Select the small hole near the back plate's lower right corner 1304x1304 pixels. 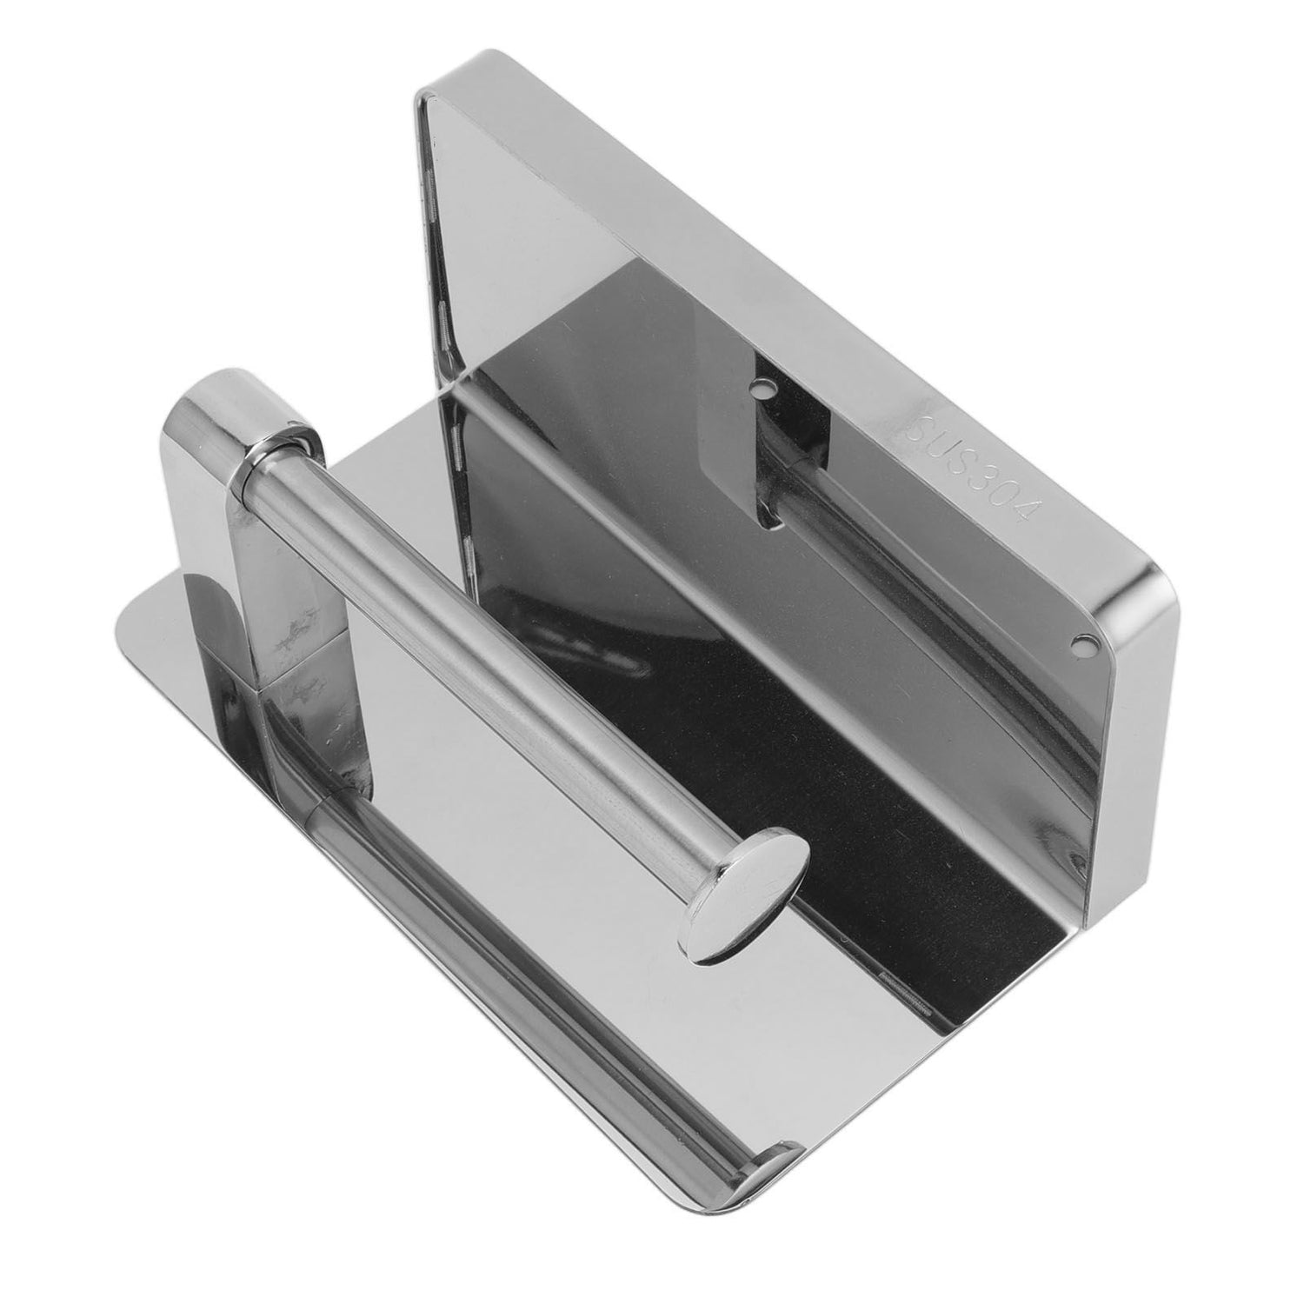pos(1081,644)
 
